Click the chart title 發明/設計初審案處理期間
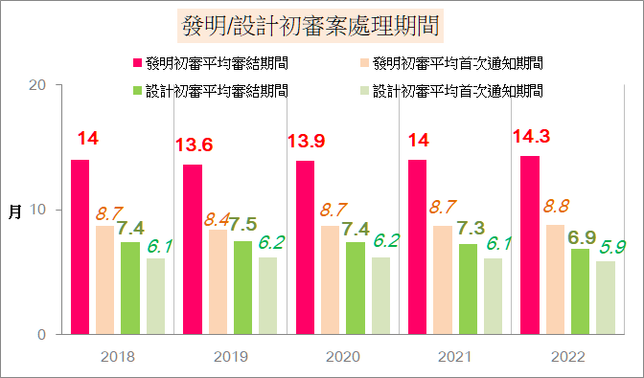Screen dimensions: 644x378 point(310,26)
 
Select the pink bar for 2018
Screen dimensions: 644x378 point(80,247)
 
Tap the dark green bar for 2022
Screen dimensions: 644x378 point(580,292)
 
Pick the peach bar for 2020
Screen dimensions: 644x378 point(331,280)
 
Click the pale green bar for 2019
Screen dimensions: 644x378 point(267,296)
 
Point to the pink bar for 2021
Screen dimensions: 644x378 point(417,247)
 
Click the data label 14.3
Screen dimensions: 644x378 point(532,136)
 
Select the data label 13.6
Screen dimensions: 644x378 point(195,145)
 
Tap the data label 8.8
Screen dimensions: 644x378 point(557,206)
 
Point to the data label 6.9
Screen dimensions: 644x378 point(582,237)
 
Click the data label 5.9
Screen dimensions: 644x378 point(612,247)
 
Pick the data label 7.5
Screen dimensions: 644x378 point(242,224)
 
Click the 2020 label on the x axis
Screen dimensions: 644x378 point(343,357)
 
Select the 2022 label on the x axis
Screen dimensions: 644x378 point(568,357)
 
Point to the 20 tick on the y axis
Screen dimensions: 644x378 point(37,85)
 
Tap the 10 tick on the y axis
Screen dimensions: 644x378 point(37,210)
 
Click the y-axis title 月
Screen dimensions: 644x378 point(14,211)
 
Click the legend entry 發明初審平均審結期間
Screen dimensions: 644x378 point(211,63)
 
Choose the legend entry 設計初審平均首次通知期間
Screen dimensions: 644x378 point(451,91)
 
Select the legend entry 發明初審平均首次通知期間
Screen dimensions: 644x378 point(451,63)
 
